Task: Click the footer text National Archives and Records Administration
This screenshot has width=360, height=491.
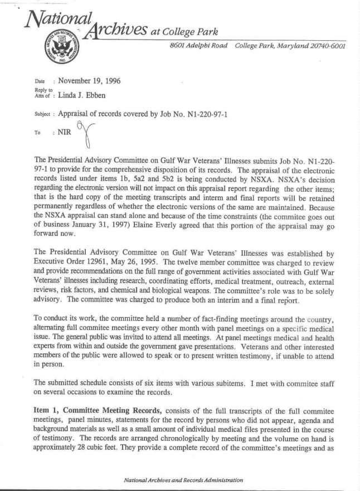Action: [183, 479]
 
